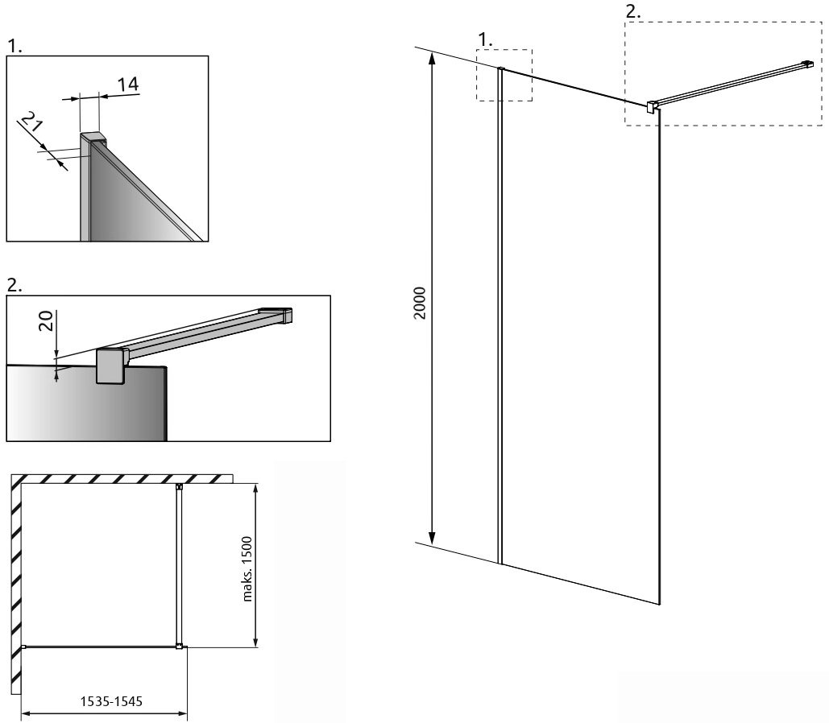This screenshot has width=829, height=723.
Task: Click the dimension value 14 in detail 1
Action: [127, 85]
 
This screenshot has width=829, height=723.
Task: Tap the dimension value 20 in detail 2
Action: [48, 320]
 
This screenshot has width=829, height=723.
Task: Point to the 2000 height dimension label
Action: [420, 303]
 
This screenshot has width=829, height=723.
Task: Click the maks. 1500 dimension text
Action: [247, 569]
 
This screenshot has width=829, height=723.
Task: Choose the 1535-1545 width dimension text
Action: [111, 700]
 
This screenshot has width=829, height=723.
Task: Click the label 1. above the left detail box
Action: [15, 47]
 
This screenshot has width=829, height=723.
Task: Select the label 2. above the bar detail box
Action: [15, 286]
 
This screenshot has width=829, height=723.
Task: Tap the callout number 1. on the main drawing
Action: [485, 39]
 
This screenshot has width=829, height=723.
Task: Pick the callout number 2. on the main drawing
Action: [633, 11]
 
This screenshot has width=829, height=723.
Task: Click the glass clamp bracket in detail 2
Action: [111, 366]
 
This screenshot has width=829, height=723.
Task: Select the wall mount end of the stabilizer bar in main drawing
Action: [806, 64]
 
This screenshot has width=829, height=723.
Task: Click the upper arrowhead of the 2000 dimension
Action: [432, 58]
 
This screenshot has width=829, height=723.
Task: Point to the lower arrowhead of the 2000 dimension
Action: [432, 538]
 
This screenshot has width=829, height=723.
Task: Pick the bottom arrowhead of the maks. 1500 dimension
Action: [256, 640]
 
